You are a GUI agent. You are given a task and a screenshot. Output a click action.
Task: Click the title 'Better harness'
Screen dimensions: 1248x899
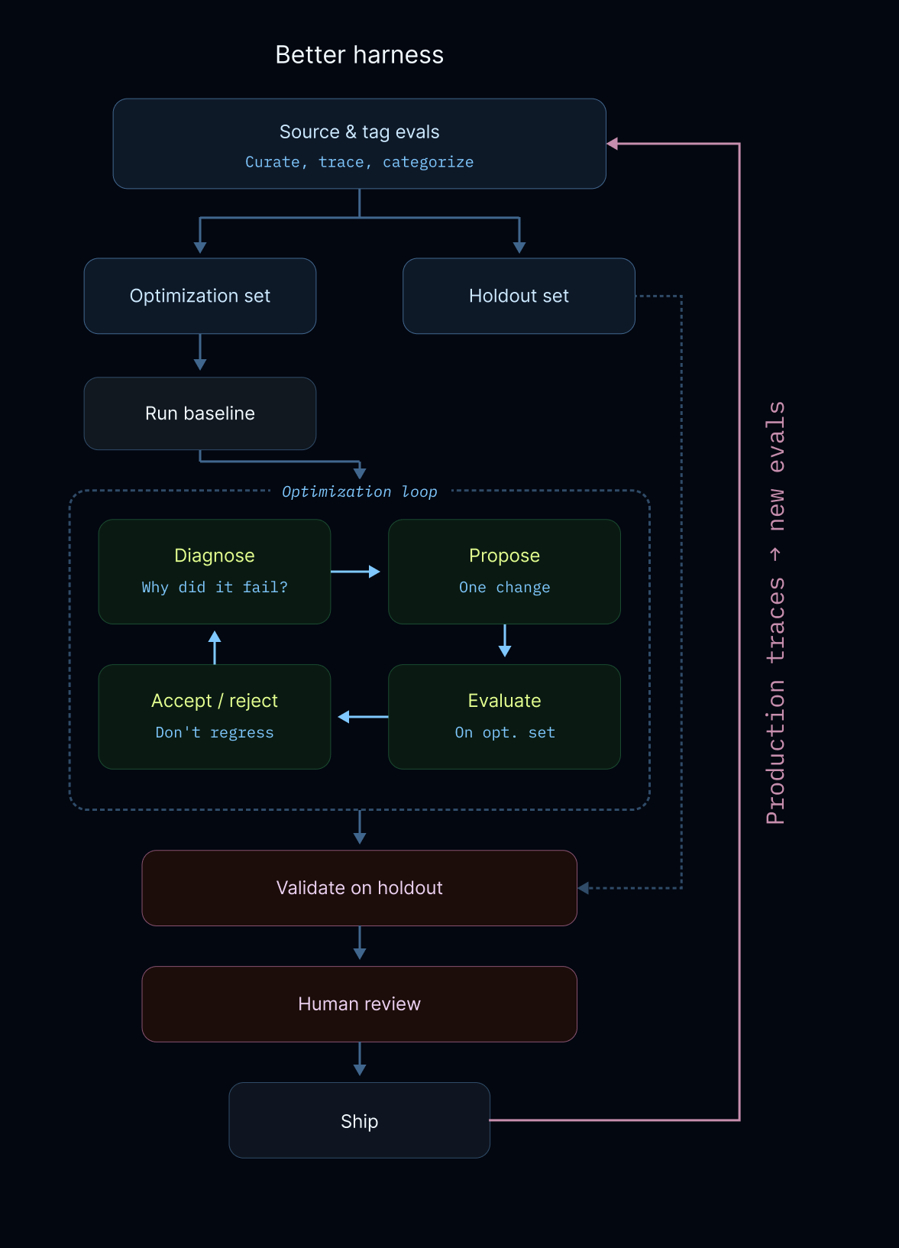359,55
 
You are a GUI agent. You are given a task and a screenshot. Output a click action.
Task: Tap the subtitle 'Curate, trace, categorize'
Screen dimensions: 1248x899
359,162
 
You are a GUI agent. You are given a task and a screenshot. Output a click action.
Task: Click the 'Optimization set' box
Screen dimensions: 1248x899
199,296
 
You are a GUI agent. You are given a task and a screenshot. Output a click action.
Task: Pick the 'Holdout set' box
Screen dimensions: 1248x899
519,296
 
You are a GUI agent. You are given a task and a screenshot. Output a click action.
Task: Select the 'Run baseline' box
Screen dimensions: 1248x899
199,413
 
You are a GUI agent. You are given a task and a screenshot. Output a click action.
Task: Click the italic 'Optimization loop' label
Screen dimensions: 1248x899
359,491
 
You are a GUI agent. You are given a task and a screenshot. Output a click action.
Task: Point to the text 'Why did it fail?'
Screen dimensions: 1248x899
214,587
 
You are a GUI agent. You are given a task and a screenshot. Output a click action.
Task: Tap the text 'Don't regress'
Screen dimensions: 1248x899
214,732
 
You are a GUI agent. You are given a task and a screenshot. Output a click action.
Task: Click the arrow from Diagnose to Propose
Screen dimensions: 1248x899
356,572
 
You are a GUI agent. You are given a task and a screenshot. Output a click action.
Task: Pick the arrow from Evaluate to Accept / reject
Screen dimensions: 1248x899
363,717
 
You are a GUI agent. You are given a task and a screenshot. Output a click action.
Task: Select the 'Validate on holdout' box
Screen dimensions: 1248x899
359,888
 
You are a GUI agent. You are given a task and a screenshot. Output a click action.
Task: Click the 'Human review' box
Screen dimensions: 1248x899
359,1004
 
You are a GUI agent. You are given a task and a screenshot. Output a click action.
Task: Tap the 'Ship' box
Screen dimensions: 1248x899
359,1121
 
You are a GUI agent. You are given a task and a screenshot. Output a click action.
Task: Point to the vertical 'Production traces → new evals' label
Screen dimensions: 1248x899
776,611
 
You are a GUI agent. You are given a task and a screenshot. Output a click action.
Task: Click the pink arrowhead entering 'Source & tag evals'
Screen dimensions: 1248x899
613,143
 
